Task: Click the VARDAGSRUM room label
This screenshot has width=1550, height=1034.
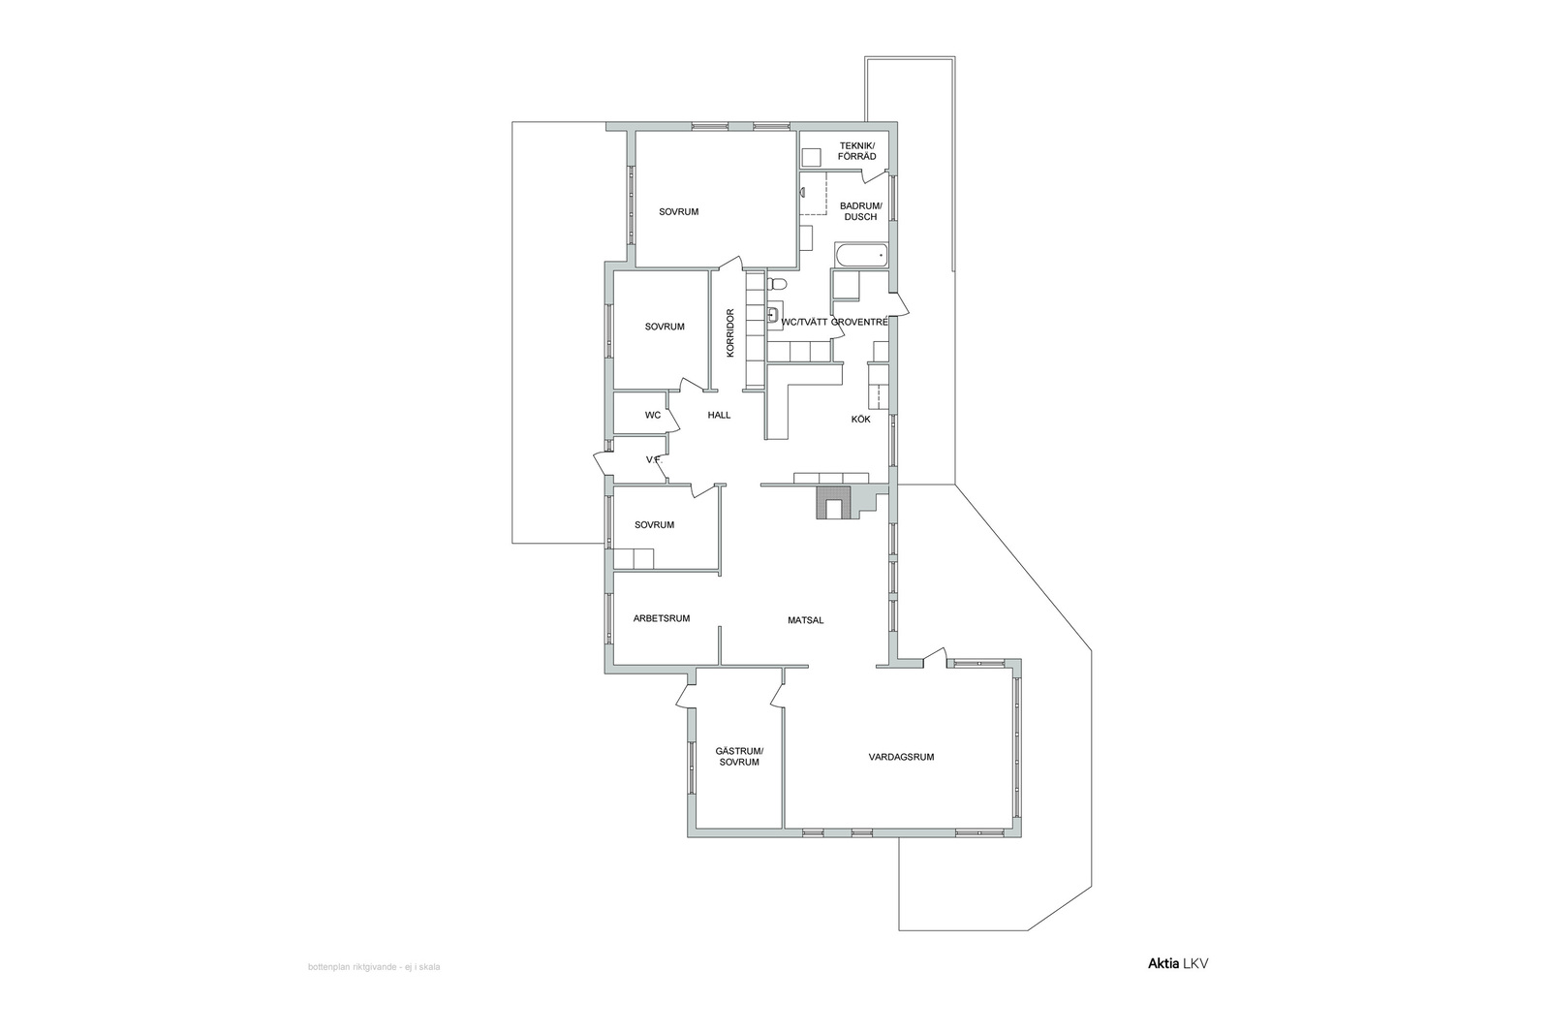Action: pos(901,757)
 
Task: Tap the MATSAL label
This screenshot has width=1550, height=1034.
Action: pos(805,620)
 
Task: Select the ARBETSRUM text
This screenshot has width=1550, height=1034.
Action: pos(662,618)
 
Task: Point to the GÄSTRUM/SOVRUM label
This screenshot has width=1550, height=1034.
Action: pos(739,757)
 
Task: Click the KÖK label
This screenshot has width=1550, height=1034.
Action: pos(861,419)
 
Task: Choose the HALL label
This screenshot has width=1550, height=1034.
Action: pos(719,416)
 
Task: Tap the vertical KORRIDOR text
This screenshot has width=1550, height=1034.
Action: pos(730,333)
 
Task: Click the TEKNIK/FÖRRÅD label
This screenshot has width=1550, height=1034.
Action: pos(857,151)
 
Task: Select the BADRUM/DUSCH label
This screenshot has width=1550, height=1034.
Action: pos(861,211)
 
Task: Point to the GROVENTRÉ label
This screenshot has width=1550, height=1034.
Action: pos(858,322)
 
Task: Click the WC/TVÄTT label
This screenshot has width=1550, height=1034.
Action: pos(804,322)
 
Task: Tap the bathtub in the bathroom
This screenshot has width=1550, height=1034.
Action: pos(861,256)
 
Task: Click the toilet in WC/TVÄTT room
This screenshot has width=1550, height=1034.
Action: pos(776,283)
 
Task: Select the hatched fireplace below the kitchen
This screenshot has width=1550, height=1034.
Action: pos(833,503)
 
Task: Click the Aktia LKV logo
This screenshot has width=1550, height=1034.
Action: pos(1178,963)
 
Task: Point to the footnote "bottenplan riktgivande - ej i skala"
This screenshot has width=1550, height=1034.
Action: pos(374,967)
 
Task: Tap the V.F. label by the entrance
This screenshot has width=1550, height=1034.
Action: pos(655,459)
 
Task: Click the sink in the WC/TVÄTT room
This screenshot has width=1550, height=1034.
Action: pos(774,316)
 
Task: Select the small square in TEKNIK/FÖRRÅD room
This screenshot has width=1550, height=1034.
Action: pos(811,158)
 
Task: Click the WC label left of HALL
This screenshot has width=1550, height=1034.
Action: pos(653,416)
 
